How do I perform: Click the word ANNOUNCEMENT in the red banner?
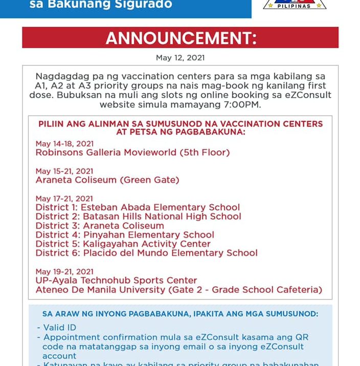tap(181, 38)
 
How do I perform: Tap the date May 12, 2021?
tap(180, 58)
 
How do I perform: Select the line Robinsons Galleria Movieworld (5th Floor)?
tap(132, 153)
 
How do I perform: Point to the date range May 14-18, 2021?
tap(64, 144)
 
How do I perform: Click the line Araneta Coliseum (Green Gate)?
tap(107, 180)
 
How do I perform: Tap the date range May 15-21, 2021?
tap(64, 171)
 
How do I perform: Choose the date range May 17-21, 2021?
tap(64, 199)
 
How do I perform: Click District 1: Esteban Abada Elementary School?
tap(138, 207)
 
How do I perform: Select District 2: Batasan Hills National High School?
tap(138, 217)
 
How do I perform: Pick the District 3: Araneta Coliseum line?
tap(100, 226)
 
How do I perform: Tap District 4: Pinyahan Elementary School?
tap(125, 235)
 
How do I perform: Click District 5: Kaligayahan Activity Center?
tap(123, 244)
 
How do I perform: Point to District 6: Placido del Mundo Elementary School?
tap(146, 253)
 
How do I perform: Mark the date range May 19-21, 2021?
tap(64, 271)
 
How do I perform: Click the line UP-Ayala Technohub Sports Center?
tap(116, 281)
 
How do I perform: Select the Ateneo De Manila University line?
tap(178, 290)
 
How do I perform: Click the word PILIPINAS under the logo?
tap(295, 6)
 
